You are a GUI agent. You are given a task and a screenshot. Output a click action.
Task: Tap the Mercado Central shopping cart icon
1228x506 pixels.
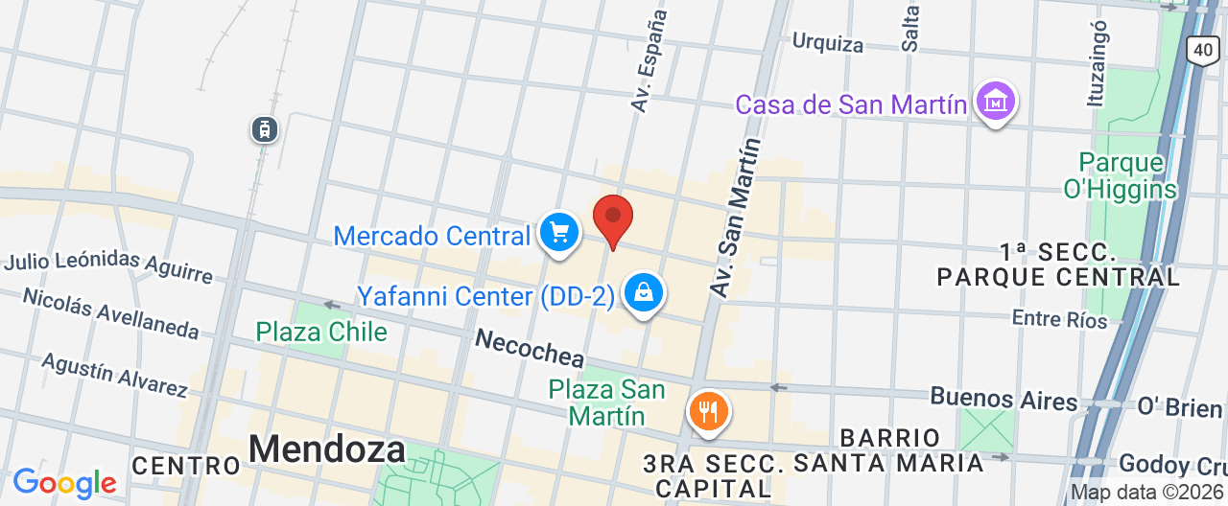(x=559, y=231)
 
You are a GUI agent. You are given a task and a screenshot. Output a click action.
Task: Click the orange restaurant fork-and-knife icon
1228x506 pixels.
(x=708, y=412)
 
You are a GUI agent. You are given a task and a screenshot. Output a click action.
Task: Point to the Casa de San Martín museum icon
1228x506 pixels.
(x=995, y=100)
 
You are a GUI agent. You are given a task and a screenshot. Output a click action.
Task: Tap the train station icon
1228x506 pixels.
(x=264, y=128)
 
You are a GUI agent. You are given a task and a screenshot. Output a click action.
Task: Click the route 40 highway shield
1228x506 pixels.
(x=1202, y=50)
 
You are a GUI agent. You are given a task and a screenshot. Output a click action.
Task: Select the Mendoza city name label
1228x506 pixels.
(x=326, y=448)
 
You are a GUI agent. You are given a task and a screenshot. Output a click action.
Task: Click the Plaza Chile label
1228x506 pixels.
(x=321, y=333)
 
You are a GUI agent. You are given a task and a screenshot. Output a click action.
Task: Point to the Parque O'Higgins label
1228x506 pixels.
(x=1121, y=175)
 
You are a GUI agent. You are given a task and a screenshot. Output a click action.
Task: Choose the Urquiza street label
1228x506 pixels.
(x=828, y=44)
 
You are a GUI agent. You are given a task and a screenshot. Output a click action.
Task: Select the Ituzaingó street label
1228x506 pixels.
(x=1099, y=63)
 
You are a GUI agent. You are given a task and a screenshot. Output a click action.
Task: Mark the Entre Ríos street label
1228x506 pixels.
(x=1060, y=318)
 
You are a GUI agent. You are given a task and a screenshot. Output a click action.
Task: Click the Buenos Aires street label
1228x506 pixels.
(x=1004, y=399)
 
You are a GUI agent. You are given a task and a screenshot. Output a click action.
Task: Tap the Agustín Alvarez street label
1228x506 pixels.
(x=114, y=374)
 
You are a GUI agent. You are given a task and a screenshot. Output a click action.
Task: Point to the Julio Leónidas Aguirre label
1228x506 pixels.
(x=108, y=267)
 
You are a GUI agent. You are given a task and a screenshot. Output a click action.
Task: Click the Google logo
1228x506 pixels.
(x=64, y=482)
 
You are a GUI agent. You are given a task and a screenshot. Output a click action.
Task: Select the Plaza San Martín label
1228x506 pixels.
(x=606, y=402)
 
